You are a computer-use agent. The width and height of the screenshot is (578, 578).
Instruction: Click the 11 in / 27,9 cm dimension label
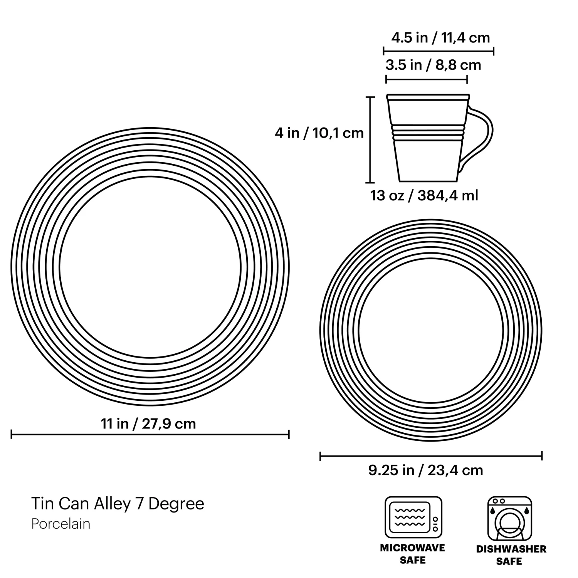[148, 424]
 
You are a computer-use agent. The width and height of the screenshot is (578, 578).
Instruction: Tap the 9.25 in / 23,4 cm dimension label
[425, 470]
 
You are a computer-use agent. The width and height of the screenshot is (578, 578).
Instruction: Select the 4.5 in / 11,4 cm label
[440, 38]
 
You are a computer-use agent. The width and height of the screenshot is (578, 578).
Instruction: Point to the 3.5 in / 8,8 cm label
[433, 65]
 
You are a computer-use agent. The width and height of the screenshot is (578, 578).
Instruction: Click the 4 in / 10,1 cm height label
[319, 133]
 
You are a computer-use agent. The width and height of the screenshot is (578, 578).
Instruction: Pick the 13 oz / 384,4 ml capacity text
[424, 195]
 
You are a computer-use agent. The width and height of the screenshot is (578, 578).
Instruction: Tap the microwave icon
[413, 517]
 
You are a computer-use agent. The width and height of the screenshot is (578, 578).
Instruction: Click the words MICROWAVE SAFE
[412, 554]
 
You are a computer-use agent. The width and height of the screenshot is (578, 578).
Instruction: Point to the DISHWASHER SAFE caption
[511, 555]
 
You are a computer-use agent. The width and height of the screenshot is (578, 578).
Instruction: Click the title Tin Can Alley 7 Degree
[118, 504]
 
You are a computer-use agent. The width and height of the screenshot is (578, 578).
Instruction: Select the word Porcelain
[61, 524]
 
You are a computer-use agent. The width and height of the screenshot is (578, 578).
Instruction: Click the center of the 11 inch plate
[150, 267]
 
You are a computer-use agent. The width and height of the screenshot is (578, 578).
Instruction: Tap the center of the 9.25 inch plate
[431, 331]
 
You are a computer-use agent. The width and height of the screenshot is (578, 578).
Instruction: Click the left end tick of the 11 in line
[12, 435]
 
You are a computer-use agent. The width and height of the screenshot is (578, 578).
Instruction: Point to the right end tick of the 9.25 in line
[542, 456]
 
